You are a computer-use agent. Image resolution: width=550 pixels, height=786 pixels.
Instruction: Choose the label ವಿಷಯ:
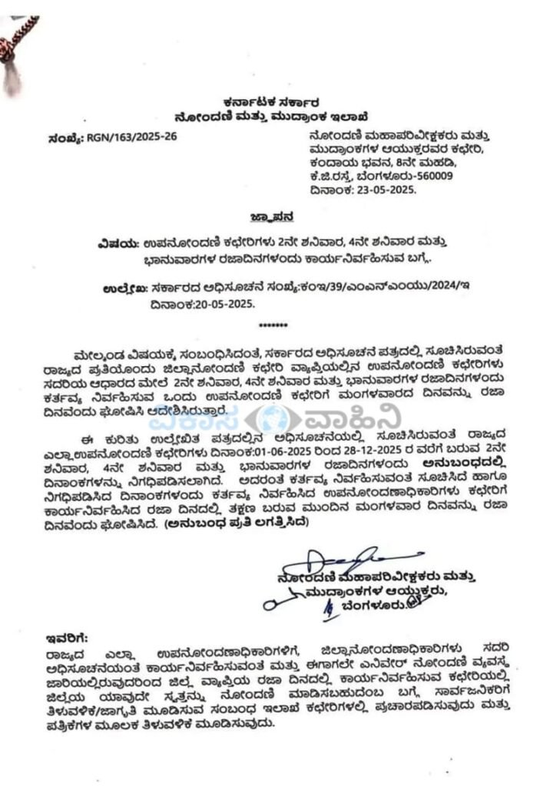(118, 242)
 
